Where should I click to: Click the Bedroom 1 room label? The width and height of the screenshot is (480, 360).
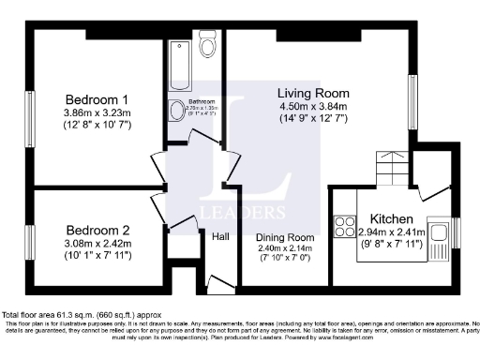pyautogui.click(x=97, y=98)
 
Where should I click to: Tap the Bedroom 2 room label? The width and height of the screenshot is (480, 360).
pyautogui.click(x=97, y=230)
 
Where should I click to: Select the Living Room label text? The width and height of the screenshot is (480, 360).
pyautogui.click(x=313, y=94)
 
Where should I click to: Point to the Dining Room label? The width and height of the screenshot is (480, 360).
pyautogui.click(x=285, y=237)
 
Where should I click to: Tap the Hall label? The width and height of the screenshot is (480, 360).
pyautogui.click(x=221, y=237)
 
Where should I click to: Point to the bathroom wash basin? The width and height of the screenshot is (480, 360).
pyautogui.click(x=176, y=112)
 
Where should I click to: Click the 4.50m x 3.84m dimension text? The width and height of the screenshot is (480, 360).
pyautogui.click(x=313, y=106)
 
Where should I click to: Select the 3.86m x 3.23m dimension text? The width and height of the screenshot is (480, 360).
pyautogui.click(x=97, y=112)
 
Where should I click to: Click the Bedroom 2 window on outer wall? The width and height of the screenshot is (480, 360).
pyautogui.click(x=29, y=239)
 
